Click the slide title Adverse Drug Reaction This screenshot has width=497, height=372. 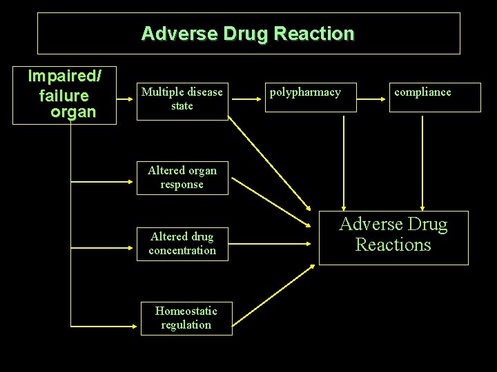248,33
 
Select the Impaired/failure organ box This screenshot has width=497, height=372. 64,95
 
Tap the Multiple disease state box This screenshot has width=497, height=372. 182,99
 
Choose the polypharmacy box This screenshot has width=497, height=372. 311,96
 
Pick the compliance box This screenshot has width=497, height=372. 435,96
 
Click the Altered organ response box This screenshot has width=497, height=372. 182,178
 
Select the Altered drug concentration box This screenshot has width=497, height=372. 182,244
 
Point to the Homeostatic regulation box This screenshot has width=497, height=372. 186,318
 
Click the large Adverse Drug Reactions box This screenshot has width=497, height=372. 393,237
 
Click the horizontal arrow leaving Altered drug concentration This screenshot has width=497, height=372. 269,242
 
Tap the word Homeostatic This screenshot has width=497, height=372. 186,311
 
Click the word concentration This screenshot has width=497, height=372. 182,251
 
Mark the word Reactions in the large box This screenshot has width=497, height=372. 393,245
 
